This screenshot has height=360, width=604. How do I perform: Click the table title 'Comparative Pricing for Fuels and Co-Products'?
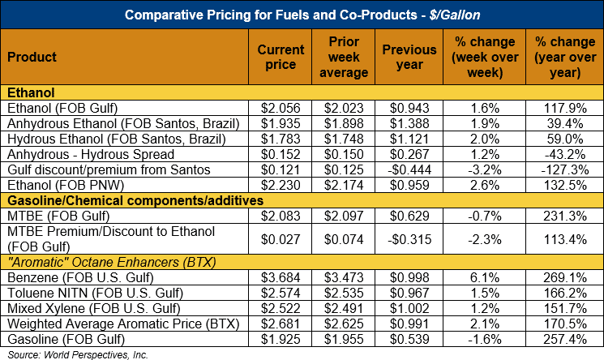pos(302,15)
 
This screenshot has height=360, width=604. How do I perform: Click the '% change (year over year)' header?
pos(563,57)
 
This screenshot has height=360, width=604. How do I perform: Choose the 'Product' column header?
pos(32,58)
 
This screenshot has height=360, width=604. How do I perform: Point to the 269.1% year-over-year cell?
pos(563,277)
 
